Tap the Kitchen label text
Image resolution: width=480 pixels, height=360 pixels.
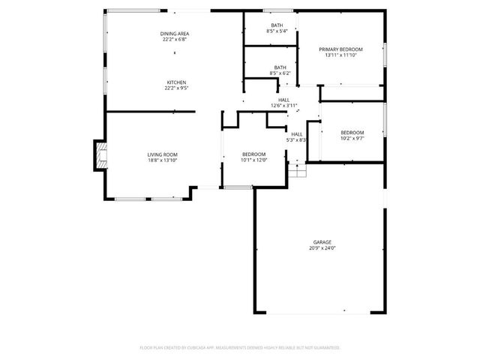[x=176, y=82]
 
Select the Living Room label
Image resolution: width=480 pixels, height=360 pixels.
[x=162, y=154]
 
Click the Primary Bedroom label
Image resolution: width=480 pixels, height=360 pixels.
[x=341, y=49]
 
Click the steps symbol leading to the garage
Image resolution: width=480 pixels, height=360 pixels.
[x=298, y=171]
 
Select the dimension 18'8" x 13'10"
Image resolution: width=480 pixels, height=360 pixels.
[x=162, y=160]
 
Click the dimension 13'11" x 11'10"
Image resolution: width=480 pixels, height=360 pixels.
[x=341, y=55]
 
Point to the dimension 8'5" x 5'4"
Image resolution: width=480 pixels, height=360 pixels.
[x=277, y=31]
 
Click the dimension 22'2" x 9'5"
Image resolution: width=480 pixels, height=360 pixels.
[x=176, y=88]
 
